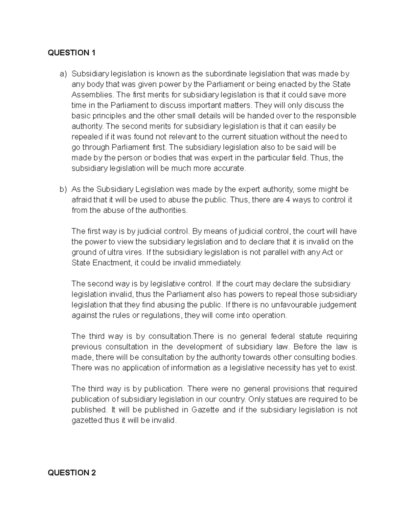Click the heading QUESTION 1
pos(72,53)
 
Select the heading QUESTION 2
pos(72,473)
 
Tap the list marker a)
pos(64,74)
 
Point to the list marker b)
pos(64,189)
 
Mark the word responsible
pos(335,116)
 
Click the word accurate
pos(228,168)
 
